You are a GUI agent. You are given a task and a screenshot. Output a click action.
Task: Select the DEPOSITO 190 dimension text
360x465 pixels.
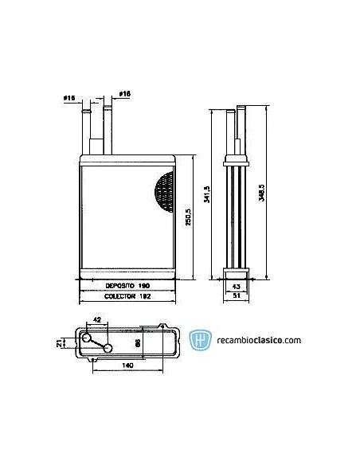click(128, 284)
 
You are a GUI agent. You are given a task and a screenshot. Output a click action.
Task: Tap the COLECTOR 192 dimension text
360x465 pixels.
click(127, 295)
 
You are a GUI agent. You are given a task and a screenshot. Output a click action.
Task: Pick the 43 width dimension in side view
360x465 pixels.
click(237, 286)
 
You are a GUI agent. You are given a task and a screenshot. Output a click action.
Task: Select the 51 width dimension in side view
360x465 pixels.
click(237, 295)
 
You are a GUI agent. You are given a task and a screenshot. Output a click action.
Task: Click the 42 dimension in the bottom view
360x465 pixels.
click(97, 320)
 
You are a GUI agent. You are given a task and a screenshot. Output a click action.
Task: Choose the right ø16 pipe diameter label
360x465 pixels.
click(124, 96)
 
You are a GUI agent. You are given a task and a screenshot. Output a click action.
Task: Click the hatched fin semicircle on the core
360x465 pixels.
click(164, 193)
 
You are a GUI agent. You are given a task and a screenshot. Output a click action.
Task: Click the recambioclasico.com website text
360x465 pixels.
click(257, 341)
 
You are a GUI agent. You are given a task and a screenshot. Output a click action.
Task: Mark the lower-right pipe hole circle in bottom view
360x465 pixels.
click(107, 349)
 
